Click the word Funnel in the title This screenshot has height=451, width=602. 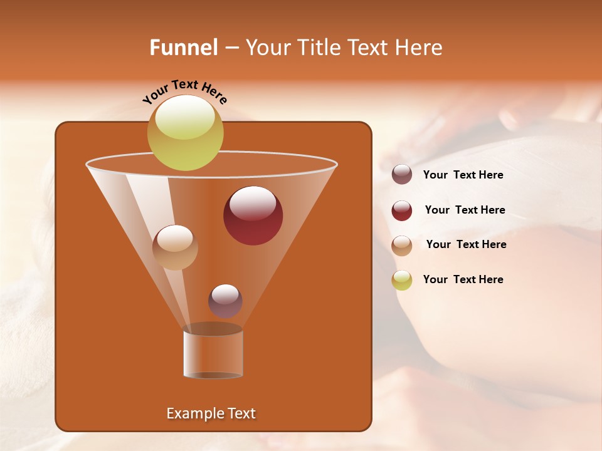[x=183, y=48]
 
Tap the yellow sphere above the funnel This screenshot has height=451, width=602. [x=185, y=132]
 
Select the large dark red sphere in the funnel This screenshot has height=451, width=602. [x=253, y=215]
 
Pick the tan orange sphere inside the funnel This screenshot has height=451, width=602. [x=175, y=247]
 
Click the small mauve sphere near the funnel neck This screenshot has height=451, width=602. [x=225, y=301]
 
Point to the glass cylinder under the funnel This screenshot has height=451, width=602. [x=213, y=354]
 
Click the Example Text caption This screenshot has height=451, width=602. [x=211, y=413]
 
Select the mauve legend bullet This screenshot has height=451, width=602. [x=402, y=175]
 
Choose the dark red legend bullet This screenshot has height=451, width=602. [x=402, y=210]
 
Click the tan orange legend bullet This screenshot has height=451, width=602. [x=402, y=246]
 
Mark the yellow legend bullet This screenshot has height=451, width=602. [x=402, y=280]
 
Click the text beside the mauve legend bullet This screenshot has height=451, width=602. [x=463, y=175]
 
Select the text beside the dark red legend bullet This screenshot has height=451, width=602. [x=465, y=210]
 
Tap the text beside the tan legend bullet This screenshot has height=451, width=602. [x=466, y=245]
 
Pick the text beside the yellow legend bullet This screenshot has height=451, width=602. [x=463, y=280]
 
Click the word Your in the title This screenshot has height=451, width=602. [x=267, y=48]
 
